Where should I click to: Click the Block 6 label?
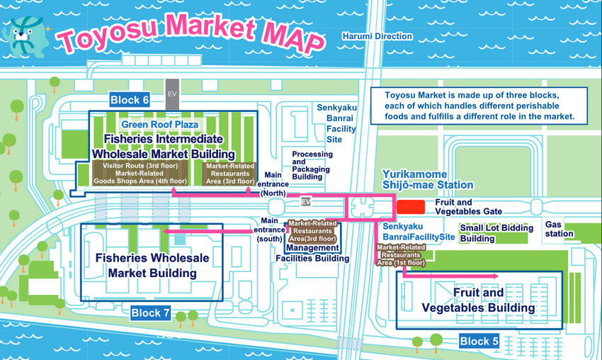click(x=130, y=100)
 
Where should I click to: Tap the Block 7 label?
click(x=150, y=313)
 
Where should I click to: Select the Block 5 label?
click(x=479, y=341)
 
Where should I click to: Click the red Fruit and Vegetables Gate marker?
click(x=410, y=206)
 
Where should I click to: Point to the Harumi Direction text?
click(x=377, y=36)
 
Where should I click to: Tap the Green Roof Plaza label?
click(x=159, y=125)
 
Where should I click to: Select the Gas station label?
click(x=559, y=229)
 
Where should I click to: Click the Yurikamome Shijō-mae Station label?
click(x=427, y=179)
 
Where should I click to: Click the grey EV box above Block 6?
click(x=171, y=93)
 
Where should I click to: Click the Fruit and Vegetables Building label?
click(x=478, y=300)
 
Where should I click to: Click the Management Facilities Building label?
click(x=312, y=253)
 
